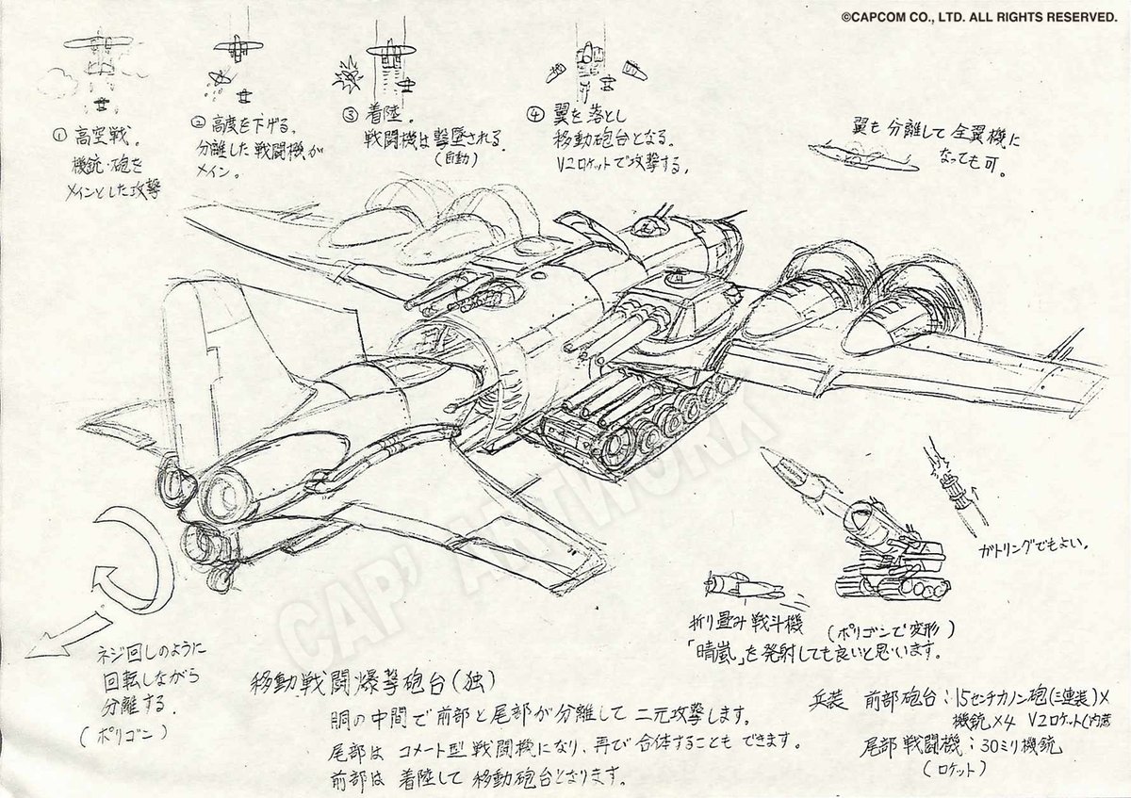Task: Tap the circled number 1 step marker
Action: (x=58, y=134)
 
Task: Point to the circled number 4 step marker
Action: (x=535, y=118)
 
